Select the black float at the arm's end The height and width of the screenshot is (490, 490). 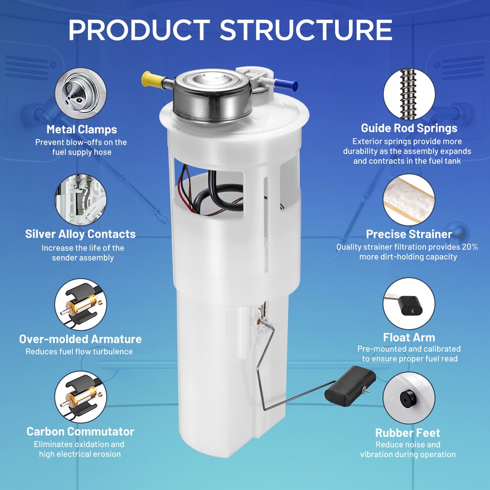click(350, 387)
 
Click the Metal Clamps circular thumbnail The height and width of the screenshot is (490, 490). click(81, 95)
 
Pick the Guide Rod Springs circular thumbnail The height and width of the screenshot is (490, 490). click(409, 95)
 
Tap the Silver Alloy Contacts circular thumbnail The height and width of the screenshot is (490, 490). click(81, 200)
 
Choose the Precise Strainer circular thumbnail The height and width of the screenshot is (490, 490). click(409, 200)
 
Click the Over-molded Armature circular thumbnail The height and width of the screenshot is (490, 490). click(81, 304)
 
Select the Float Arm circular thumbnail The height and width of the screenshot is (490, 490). click(409, 304)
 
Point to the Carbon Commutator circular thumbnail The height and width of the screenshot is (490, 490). click(81, 397)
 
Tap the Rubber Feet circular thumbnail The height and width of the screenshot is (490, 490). click(409, 397)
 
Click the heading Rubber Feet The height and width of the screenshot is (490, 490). click(408, 433)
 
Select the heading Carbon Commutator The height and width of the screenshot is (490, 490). click(81, 432)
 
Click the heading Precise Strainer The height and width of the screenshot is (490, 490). click(409, 234)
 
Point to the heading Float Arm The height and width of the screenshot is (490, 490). click(409, 337)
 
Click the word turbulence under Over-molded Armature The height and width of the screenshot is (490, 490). click(113, 352)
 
